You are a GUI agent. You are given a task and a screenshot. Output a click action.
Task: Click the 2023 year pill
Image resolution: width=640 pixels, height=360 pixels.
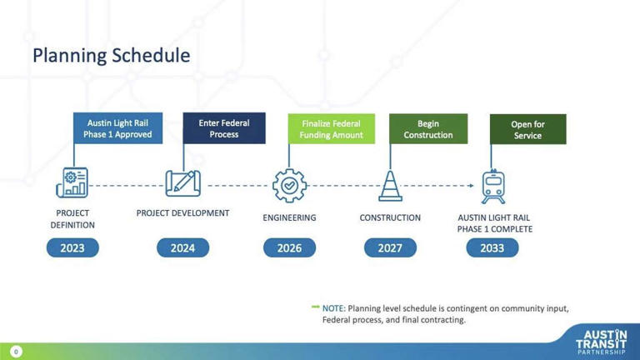point(72,247)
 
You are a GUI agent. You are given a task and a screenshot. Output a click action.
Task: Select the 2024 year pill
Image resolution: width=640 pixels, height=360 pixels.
point(182,247)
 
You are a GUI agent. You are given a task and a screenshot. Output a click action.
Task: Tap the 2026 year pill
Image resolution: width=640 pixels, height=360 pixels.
point(289,247)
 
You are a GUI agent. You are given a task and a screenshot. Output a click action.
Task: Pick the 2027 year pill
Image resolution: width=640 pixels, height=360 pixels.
point(390,247)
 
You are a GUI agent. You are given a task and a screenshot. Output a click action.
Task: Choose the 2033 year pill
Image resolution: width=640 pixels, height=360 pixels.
point(492,247)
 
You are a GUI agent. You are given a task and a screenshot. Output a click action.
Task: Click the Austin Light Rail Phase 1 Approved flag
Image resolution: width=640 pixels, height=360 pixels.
point(117,128)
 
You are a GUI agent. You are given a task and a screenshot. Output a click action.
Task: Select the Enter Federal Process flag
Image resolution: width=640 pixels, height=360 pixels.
point(224,128)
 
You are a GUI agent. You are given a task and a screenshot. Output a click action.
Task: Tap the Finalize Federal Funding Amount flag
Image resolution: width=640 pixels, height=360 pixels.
point(332,129)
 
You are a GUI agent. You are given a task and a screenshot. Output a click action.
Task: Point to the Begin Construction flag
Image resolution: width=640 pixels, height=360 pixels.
point(428,129)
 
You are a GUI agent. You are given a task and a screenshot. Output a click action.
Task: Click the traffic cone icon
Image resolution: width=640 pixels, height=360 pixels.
point(390,185)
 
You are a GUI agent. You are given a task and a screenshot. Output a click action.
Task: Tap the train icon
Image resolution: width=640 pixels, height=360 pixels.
point(493,186)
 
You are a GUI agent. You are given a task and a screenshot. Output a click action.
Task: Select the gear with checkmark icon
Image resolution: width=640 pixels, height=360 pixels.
point(289,186)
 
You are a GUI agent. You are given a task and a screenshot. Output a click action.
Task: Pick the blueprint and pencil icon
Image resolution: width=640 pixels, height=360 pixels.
point(182,183)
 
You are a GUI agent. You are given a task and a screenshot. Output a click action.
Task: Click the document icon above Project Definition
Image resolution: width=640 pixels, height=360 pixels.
point(72,183)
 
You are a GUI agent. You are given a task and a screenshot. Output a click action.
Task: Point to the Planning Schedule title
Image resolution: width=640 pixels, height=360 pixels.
point(111,56)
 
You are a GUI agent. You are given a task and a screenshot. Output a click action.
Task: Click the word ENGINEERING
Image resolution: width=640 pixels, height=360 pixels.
point(289,218)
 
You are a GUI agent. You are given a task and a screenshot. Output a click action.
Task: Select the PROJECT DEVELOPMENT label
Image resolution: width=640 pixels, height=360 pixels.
point(182,213)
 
